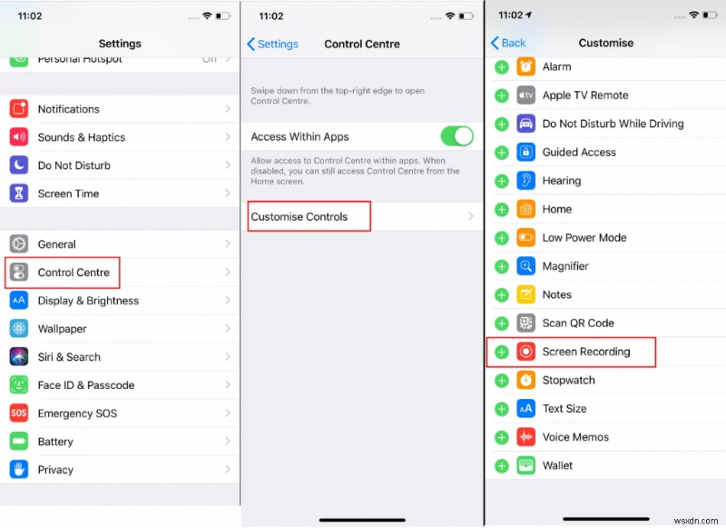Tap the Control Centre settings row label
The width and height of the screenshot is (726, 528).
[74, 273]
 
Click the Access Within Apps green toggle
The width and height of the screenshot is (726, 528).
[456, 136]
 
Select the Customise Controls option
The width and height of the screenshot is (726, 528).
[299, 216]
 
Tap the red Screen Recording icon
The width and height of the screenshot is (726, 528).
[526, 352]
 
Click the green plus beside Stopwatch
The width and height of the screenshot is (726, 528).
[501, 380]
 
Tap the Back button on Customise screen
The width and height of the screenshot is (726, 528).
[508, 43]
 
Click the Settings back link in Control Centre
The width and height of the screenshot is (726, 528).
[271, 44]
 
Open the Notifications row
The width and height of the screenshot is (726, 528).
[68, 109]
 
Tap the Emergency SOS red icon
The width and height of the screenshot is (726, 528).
[19, 413]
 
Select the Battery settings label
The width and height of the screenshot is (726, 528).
[55, 442]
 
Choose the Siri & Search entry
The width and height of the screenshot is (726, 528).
[69, 357]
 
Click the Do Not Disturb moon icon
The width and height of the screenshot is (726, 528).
[19, 165]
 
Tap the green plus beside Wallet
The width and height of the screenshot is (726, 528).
[501, 465]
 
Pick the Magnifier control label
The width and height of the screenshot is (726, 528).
[565, 266]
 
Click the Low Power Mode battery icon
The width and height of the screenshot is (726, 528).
[526, 238]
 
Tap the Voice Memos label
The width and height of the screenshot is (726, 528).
[575, 437]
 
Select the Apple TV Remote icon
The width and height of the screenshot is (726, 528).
[526, 95]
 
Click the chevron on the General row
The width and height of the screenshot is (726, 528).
[228, 244]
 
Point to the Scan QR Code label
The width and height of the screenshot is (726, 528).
[578, 323]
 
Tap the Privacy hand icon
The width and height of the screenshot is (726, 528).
[19, 470]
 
